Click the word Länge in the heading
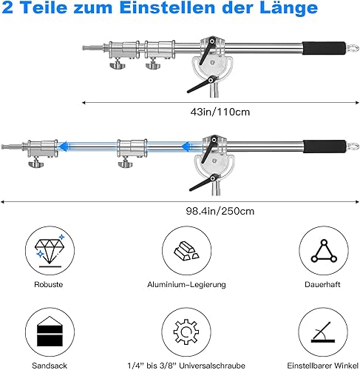(x=288, y=7)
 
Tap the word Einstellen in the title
(x=167, y=7)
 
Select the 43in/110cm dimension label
(x=220, y=112)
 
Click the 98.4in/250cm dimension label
(x=220, y=211)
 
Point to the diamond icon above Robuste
(x=50, y=251)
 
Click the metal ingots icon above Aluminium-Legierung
(x=186, y=251)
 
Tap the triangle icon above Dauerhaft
(x=324, y=251)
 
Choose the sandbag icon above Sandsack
(x=50, y=332)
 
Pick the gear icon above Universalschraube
(x=186, y=332)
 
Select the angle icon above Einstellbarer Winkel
(x=323, y=332)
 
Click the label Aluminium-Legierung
(x=186, y=284)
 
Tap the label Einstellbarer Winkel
(x=323, y=366)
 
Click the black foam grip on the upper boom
(x=324, y=48)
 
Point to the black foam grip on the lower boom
(x=325, y=147)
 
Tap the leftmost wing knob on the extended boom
(x=36, y=164)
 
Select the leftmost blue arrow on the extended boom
(x=64, y=147)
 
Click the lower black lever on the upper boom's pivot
(x=202, y=84)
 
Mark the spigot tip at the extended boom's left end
(x=2, y=147)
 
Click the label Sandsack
(x=50, y=366)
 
